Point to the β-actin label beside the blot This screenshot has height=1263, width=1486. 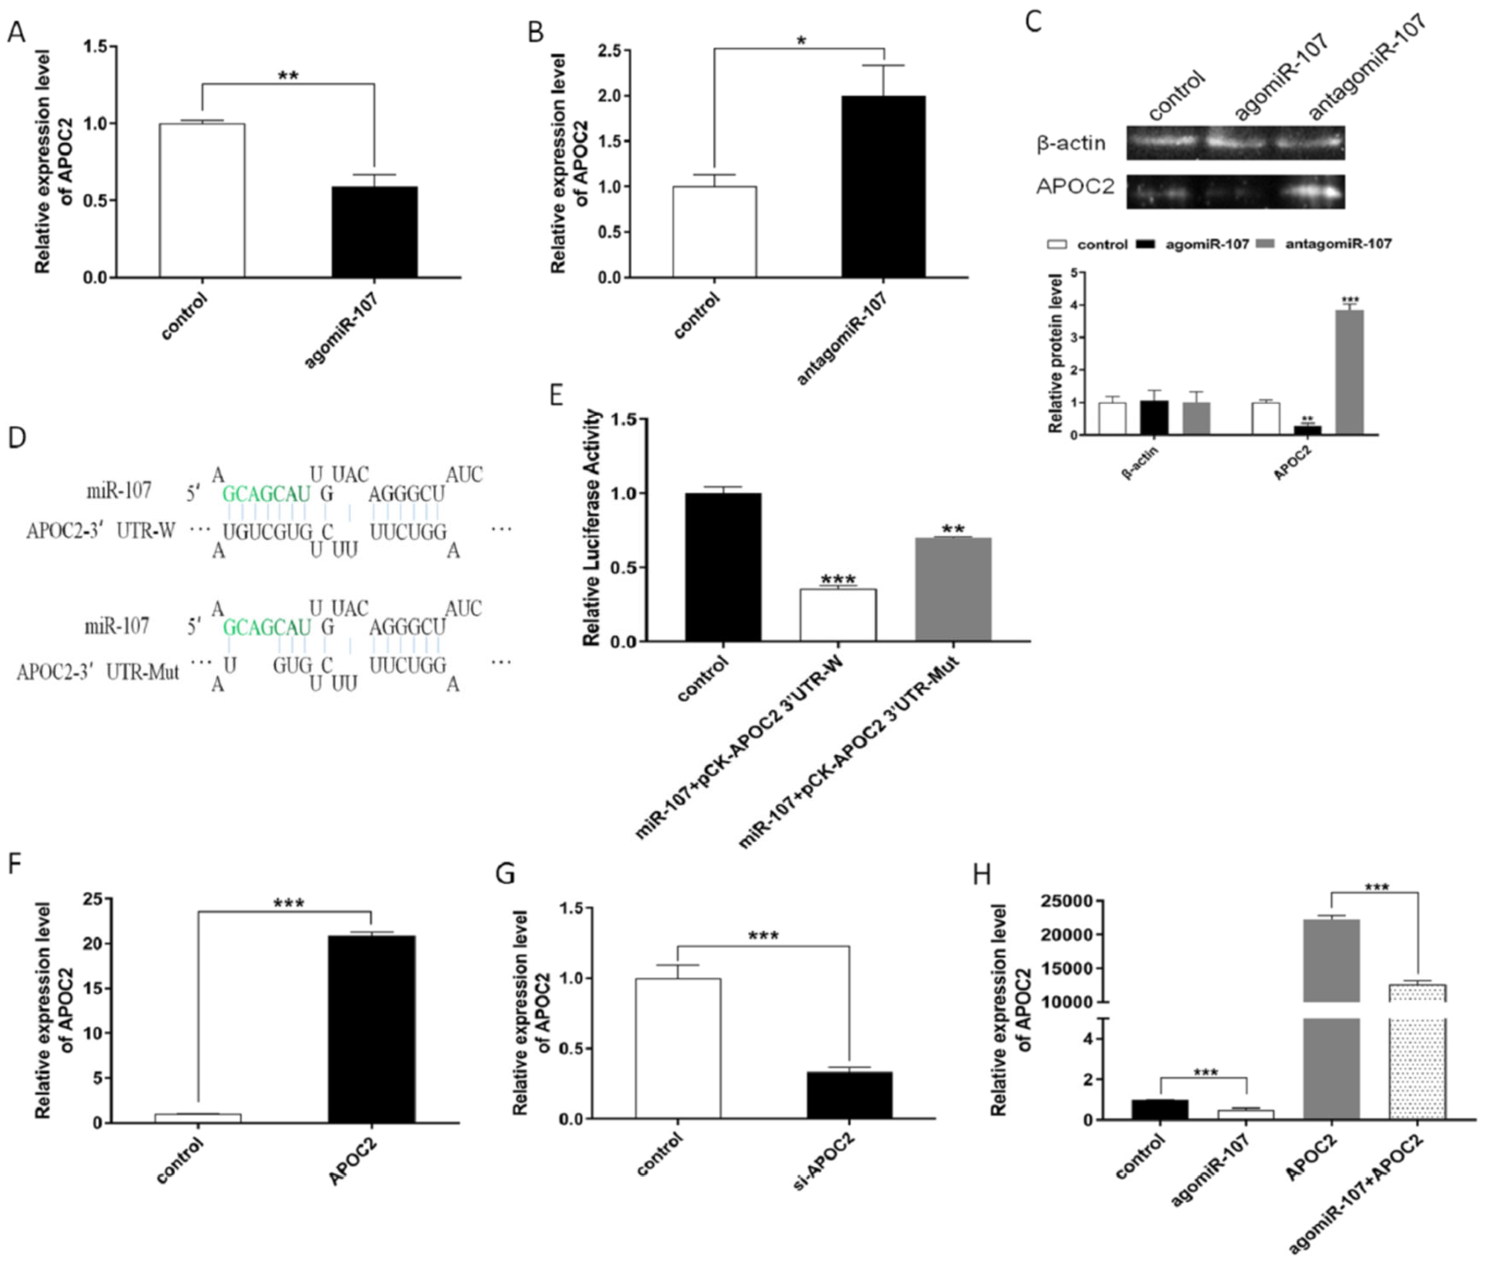pyautogui.click(x=1071, y=143)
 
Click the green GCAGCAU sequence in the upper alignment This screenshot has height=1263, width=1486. pyautogui.click(x=267, y=493)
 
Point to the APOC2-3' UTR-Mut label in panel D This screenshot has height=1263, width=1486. pyautogui.click(x=98, y=672)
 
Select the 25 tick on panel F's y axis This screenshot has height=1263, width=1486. pyautogui.click(x=92, y=898)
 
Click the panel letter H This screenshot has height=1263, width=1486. pyautogui.click(x=982, y=875)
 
